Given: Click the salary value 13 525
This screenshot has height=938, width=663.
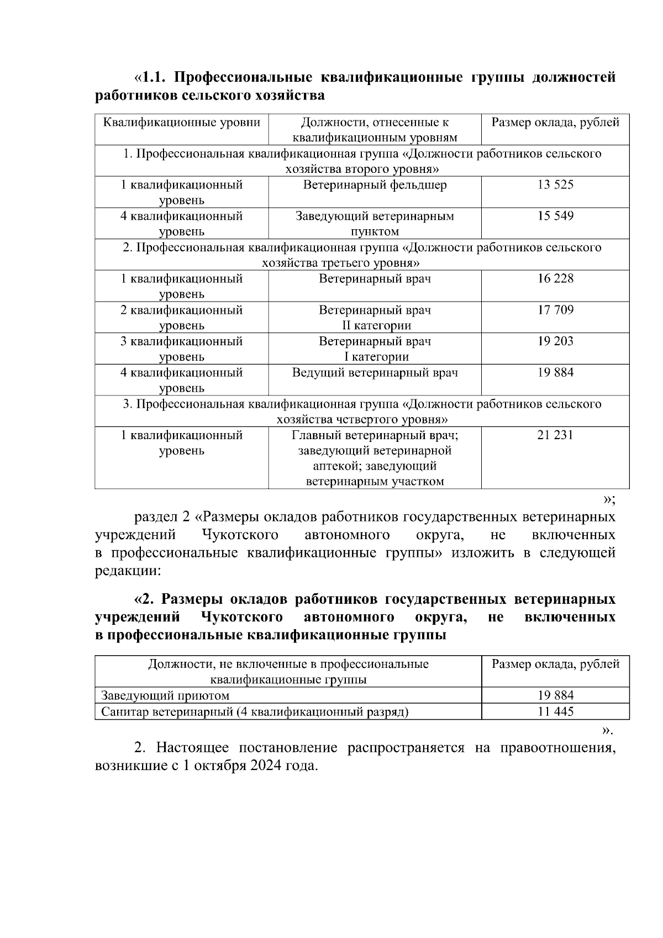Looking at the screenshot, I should click(555, 185).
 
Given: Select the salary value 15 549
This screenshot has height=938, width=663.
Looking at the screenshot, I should click(555, 217).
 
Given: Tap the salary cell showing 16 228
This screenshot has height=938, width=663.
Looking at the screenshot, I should click(555, 279).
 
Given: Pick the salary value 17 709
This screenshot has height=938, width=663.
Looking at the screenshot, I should click(555, 310).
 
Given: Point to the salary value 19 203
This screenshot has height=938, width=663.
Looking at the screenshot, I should click(555, 341).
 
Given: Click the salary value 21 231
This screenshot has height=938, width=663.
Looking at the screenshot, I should click(555, 435).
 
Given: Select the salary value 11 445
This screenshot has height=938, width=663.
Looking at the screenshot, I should click(555, 712).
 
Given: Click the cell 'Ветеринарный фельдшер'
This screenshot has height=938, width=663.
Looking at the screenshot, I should click(375, 185).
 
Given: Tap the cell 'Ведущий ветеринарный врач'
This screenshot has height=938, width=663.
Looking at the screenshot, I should click(375, 373).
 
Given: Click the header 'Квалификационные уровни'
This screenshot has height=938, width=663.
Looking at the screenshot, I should click(182, 123).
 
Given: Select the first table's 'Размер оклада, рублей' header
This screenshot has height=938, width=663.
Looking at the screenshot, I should click(555, 123).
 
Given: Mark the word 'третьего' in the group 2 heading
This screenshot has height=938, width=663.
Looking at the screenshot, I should click(343, 263).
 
